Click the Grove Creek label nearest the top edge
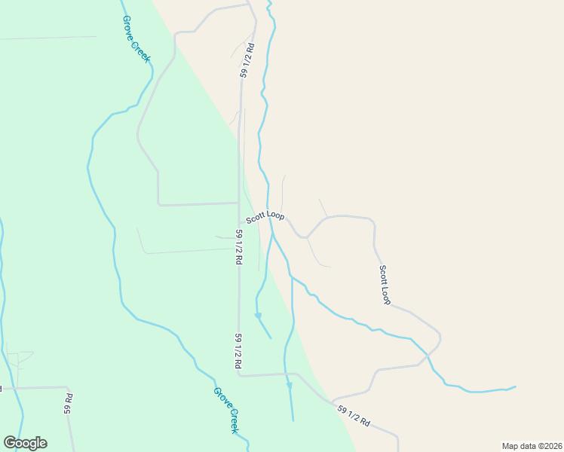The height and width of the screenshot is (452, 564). [x=136, y=39]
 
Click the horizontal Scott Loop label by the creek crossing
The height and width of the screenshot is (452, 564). [x=265, y=216]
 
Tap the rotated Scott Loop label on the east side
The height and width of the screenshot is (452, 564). [x=385, y=285]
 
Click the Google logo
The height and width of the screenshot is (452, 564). [x=25, y=443]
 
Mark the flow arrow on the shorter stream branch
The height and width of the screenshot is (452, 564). [x=258, y=316]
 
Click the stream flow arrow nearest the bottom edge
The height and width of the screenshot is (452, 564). [x=289, y=386]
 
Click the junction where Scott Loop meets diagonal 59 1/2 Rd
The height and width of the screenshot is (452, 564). [x=333, y=400]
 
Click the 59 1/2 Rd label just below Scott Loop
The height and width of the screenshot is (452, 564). [x=238, y=246]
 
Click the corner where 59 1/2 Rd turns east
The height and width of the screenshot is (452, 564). [x=240, y=374]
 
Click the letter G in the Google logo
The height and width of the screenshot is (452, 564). [x=10, y=443]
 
